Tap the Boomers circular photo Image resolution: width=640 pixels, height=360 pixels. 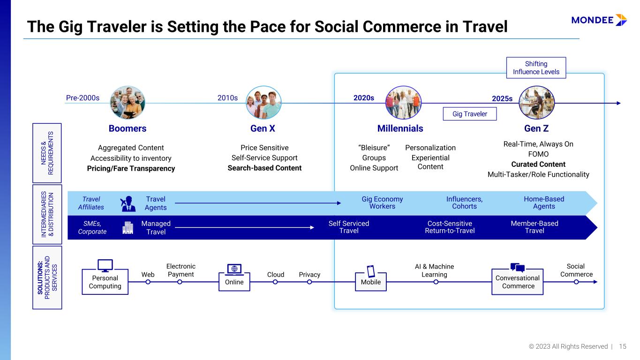pyautogui.click(x=128, y=103)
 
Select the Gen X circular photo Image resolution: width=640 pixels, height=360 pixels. pyautogui.click(x=264, y=103)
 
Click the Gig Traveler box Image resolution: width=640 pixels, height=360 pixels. pyautogui.click(x=469, y=114)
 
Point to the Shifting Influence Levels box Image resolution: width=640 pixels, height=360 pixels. pyautogui.click(x=536, y=67)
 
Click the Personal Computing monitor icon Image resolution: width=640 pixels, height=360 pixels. pyautogui.click(x=105, y=265)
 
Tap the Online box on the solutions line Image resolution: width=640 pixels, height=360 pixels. pyautogui.click(x=234, y=282)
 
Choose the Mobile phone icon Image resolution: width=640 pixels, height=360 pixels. pyautogui.click(x=371, y=271)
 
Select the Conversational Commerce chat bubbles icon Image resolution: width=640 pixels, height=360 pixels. pyautogui.click(x=518, y=268)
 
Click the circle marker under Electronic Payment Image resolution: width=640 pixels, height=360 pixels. pyautogui.click(x=180, y=282)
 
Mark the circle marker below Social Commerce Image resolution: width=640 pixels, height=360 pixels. pyautogui.click(x=576, y=282)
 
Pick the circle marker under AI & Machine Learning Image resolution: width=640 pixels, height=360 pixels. pyautogui.click(x=436, y=282)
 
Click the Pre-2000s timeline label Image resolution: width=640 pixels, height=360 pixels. pyautogui.click(x=83, y=98)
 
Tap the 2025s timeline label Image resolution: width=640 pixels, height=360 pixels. pyautogui.click(x=502, y=99)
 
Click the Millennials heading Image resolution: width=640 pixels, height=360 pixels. pyautogui.click(x=400, y=128)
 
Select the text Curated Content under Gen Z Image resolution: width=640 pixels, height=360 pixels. pyautogui.click(x=538, y=164)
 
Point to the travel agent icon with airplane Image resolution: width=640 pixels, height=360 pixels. pyautogui.click(x=128, y=203)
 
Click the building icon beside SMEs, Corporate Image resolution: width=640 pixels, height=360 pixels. pyautogui.click(x=128, y=227)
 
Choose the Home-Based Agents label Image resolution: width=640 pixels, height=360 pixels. pyautogui.click(x=544, y=202)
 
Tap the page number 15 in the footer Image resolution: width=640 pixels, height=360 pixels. pyautogui.click(x=623, y=346)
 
